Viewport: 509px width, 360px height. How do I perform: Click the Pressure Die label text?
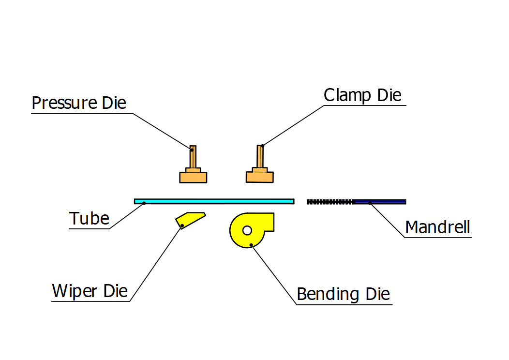(x=79, y=103)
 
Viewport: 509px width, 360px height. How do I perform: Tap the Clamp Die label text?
(x=362, y=95)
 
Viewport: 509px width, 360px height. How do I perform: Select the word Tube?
(x=90, y=219)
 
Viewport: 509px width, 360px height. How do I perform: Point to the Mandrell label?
(x=437, y=226)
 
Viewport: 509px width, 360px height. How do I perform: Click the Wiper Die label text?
(x=90, y=291)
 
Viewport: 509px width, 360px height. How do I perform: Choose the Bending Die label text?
(x=343, y=294)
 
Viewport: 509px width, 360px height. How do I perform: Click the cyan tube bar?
(x=214, y=201)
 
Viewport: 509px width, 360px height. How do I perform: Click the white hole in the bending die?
(x=247, y=231)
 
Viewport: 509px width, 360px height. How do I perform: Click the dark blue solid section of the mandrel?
(x=380, y=201)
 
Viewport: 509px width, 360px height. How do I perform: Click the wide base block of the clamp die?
(x=260, y=177)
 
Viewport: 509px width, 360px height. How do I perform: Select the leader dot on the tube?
(x=144, y=203)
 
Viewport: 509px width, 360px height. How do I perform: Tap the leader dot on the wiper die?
(x=181, y=225)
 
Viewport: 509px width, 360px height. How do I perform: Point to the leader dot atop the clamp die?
(x=262, y=145)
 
